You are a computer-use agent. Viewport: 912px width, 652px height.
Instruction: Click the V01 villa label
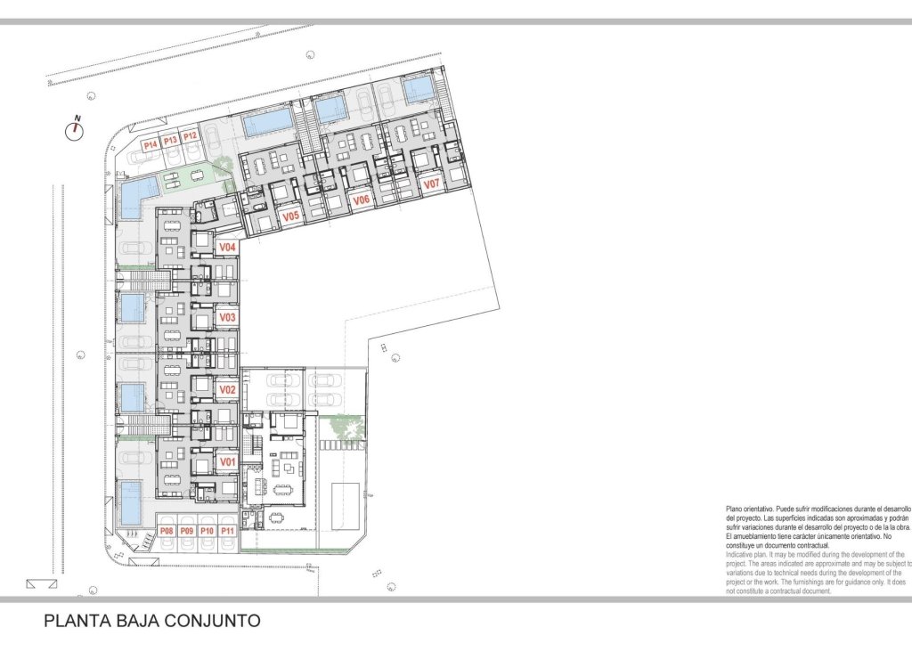click(x=227, y=462)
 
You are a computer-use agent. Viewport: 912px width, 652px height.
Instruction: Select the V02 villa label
click(x=227, y=390)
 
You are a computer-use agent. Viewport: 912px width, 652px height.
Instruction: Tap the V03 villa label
click(x=227, y=317)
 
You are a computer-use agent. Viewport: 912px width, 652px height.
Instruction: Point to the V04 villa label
click(x=227, y=247)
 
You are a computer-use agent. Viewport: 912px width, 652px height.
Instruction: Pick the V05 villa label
click(x=290, y=216)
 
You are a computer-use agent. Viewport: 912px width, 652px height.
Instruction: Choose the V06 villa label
click(x=362, y=200)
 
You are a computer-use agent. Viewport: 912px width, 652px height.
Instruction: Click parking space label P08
click(x=167, y=531)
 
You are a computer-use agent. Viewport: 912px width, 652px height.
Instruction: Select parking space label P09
click(x=187, y=531)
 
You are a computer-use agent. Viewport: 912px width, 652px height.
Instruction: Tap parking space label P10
click(x=208, y=531)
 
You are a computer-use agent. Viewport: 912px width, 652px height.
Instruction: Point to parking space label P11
click(x=228, y=531)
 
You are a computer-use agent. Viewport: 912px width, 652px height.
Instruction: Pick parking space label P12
click(x=190, y=136)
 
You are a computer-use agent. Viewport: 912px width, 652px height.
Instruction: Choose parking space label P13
click(x=170, y=140)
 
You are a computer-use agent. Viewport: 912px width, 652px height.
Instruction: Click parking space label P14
click(x=150, y=144)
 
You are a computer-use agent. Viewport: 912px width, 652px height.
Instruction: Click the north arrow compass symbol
click(x=75, y=130)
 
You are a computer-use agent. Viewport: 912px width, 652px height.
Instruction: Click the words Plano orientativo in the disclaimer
click(x=750, y=508)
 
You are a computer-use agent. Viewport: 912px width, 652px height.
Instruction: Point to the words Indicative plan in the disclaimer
click(x=746, y=554)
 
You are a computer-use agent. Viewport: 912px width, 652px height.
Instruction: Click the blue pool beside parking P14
click(x=138, y=190)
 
